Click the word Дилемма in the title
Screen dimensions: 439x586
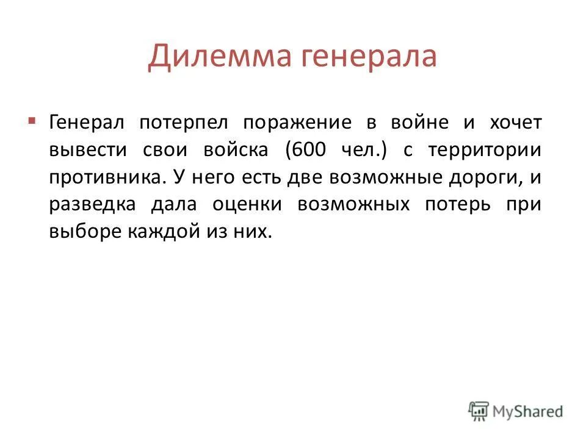213,57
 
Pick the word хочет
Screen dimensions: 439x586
515,123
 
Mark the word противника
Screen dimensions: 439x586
107,177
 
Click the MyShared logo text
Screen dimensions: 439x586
529,411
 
